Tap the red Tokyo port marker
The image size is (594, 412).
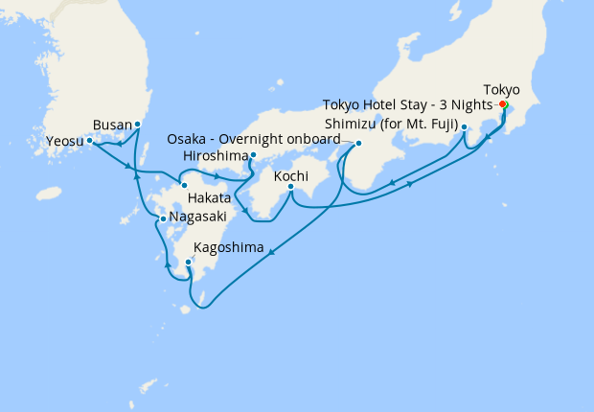tap(503, 104)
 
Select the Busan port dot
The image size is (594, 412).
tap(138, 124)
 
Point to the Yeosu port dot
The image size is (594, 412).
tap(89, 140)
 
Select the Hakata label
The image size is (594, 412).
tap(209, 197)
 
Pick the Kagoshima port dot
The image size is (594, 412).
tap(188, 262)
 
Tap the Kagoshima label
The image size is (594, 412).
tap(229, 248)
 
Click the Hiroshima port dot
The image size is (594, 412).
tap(253, 154)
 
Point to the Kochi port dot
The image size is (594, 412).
tap(290, 187)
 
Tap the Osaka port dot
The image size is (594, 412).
tap(358, 145)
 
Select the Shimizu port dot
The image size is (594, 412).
tap(464, 126)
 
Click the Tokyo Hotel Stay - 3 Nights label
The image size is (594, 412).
tap(407, 104)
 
